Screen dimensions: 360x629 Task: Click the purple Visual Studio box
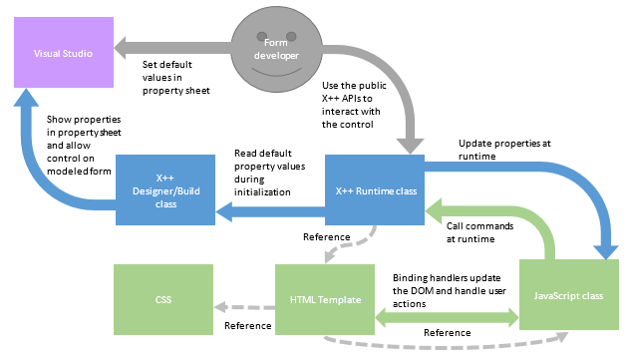(56, 53)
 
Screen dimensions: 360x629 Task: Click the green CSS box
(163, 297)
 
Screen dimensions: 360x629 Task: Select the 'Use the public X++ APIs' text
(354, 104)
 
